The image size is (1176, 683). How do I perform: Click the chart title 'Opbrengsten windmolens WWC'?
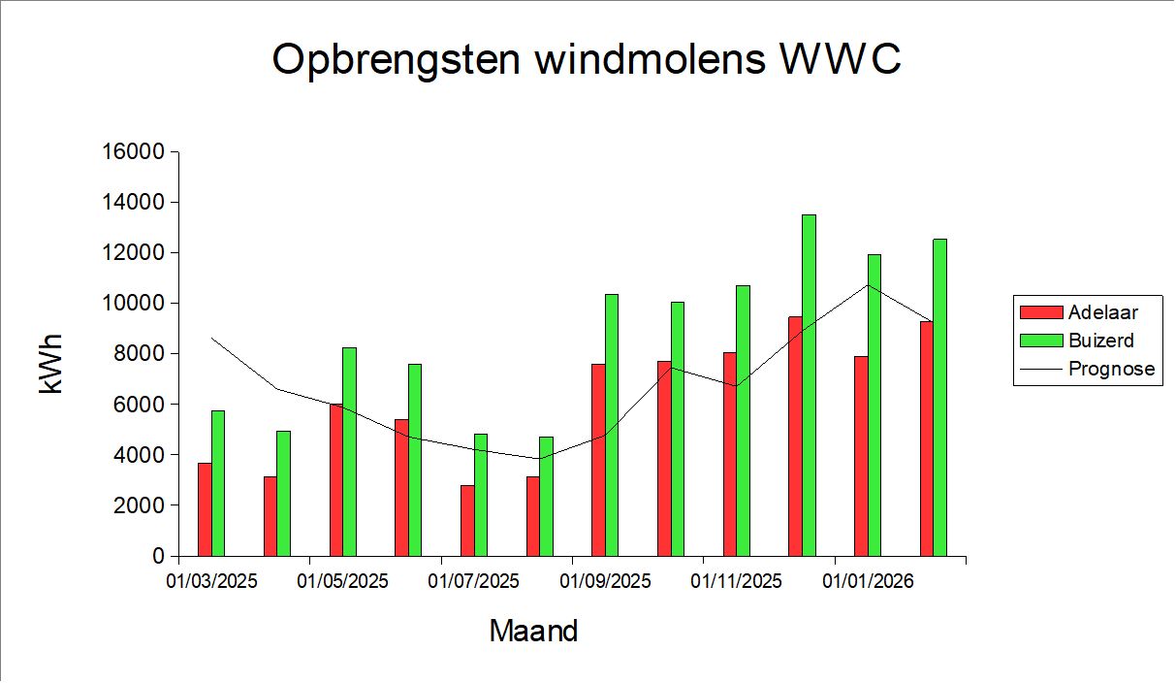coord(587,60)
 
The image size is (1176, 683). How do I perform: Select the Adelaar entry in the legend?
coord(1102,312)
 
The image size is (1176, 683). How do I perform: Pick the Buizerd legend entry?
coord(1100,341)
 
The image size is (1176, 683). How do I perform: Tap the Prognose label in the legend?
coord(1111,369)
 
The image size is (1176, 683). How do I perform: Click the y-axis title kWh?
coord(51,364)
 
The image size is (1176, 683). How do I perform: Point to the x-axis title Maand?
coord(533,632)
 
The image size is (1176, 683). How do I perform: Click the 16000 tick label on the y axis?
coord(134,152)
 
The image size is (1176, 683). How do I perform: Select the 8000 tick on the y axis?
coord(139,354)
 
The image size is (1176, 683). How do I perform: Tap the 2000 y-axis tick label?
coord(139,505)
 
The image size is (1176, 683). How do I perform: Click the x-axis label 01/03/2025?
coord(211,582)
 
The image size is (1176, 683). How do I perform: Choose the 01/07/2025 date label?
coord(474,582)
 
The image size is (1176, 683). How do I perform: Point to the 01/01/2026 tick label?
coord(868,582)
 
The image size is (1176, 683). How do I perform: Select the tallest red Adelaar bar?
coord(795,436)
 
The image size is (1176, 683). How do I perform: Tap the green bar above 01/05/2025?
coord(349,451)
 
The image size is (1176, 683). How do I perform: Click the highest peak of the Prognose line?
coord(868,284)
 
